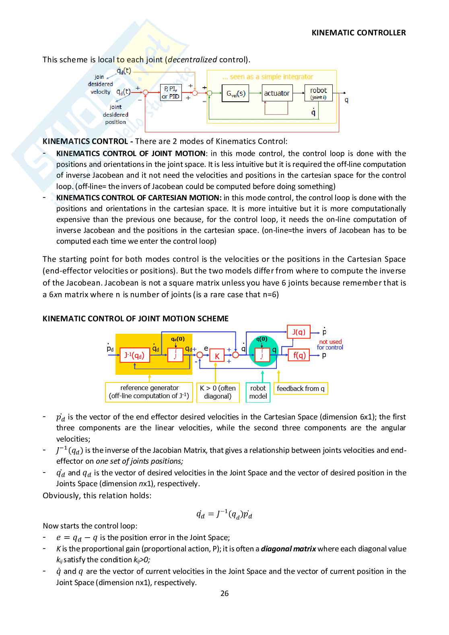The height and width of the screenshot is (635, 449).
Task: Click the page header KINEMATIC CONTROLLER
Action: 358,33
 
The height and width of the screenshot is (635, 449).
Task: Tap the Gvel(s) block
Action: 235,93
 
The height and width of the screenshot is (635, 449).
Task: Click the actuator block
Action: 276,93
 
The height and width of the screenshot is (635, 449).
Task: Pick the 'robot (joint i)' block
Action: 318,93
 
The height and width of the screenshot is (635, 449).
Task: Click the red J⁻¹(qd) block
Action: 135,355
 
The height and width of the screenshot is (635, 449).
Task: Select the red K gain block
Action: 217,356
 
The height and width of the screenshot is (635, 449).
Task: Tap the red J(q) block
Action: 299,332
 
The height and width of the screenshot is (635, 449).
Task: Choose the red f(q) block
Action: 299,355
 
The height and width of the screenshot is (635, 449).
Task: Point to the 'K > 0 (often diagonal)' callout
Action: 218,392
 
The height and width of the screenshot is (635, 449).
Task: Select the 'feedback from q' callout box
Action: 301,388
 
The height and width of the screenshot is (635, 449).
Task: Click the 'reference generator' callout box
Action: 149,392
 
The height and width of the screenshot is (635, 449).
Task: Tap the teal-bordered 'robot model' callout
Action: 258,392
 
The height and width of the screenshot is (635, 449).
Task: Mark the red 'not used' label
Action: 330,341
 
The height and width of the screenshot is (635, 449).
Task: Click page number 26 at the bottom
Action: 224,593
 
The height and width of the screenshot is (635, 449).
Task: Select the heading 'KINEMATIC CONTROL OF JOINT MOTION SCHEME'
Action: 136,319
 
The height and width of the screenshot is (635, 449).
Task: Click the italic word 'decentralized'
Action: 192,60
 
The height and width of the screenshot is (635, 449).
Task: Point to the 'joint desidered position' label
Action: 115,115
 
